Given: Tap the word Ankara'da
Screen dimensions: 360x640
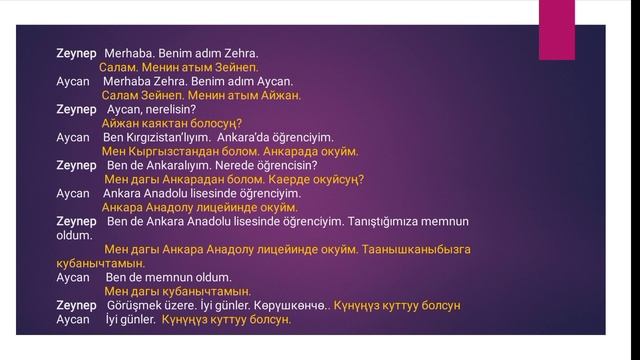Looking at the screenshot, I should tap(262, 136).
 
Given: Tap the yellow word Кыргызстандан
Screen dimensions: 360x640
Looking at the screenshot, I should tap(174, 150).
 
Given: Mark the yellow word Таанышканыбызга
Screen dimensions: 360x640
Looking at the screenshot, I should tap(412, 248).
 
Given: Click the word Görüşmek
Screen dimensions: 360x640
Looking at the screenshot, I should tap(133, 305).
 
